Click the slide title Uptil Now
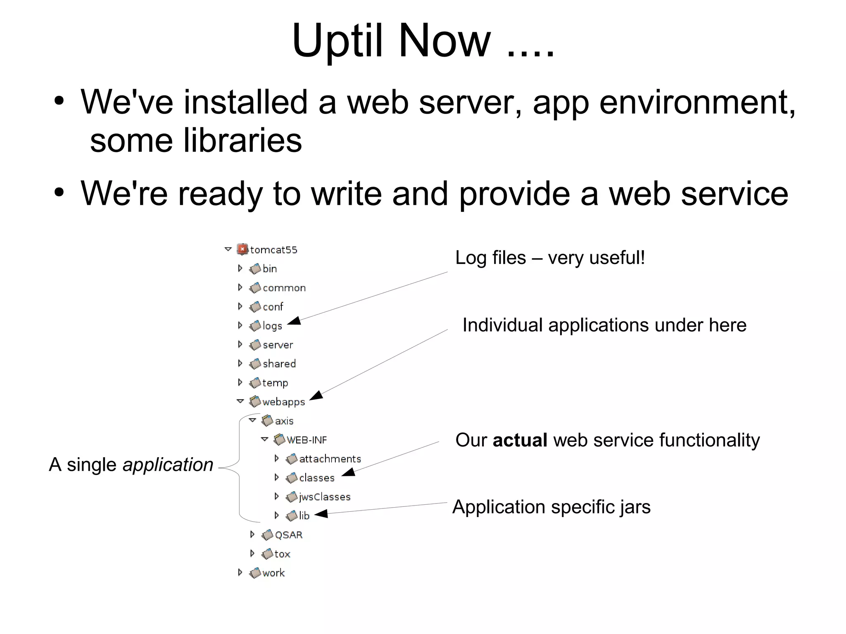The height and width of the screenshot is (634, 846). [x=423, y=40]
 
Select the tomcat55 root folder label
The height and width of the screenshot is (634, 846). [x=273, y=250]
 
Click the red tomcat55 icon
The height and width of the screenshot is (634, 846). [x=242, y=249]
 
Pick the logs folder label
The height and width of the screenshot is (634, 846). [x=272, y=326]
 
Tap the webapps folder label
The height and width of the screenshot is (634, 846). [x=283, y=402]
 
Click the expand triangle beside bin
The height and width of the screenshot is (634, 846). [x=240, y=268]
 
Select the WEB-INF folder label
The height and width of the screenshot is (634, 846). [x=307, y=440]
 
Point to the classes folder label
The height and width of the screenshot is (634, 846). [x=316, y=478]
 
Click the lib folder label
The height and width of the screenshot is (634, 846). [x=304, y=516]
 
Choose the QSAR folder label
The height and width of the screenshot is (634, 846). [x=288, y=535]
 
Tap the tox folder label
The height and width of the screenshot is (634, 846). [x=282, y=554]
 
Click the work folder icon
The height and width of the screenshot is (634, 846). [x=255, y=573]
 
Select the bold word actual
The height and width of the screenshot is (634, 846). [x=520, y=440]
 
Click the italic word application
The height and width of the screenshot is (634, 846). [x=168, y=465]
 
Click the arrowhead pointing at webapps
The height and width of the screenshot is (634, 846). [x=316, y=396]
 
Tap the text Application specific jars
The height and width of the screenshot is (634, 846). [x=551, y=507]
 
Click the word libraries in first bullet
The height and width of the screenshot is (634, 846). [x=242, y=140]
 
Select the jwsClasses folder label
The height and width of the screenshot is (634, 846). [x=325, y=497]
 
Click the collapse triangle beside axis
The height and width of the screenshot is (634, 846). [x=252, y=420]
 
